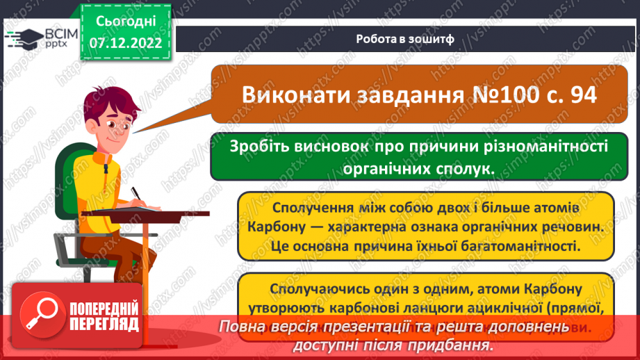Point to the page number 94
580,95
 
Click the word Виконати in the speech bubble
293,95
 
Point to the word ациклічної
514,306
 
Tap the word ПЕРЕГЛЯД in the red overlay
103,323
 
